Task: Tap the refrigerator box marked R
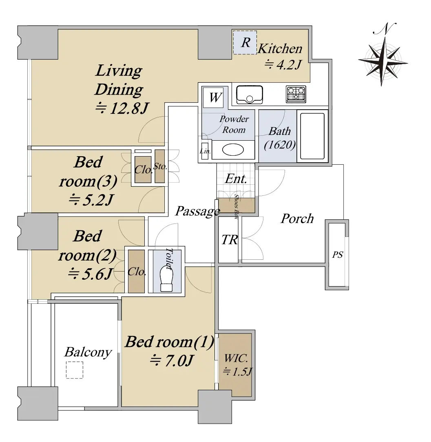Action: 245,42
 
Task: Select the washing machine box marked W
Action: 215,97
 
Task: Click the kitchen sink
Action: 250,95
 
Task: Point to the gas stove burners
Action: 296,94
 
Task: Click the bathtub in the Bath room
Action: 312,136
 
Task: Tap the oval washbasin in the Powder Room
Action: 233,150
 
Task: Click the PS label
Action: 337,254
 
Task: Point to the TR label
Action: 230,240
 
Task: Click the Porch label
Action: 297,219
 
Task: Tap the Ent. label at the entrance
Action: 236,179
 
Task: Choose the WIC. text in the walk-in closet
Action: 236,358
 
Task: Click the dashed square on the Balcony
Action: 75,370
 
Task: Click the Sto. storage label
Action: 160,166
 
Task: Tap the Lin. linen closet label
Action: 205,151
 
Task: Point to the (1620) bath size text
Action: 280,145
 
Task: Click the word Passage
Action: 197,211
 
